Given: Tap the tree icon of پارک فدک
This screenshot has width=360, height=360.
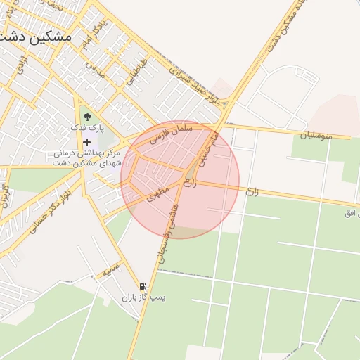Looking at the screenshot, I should pyautogui.click(x=86, y=117).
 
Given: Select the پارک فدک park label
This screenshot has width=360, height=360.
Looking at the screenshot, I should pyautogui.click(x=86, y=129).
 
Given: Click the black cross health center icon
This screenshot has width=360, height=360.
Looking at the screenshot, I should pyautogui.click(x=86, y=142).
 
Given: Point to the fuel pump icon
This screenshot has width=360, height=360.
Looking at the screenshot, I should pyautogui.click(x=143, y=287).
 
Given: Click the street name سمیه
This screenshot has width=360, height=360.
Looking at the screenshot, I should pyautogui.click(x=111, y=269).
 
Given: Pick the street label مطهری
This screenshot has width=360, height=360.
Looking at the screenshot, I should pyautogui.click(x=159, y=193).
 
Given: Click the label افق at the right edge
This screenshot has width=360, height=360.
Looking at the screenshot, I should pyautogui.click(x=352, y=212).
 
